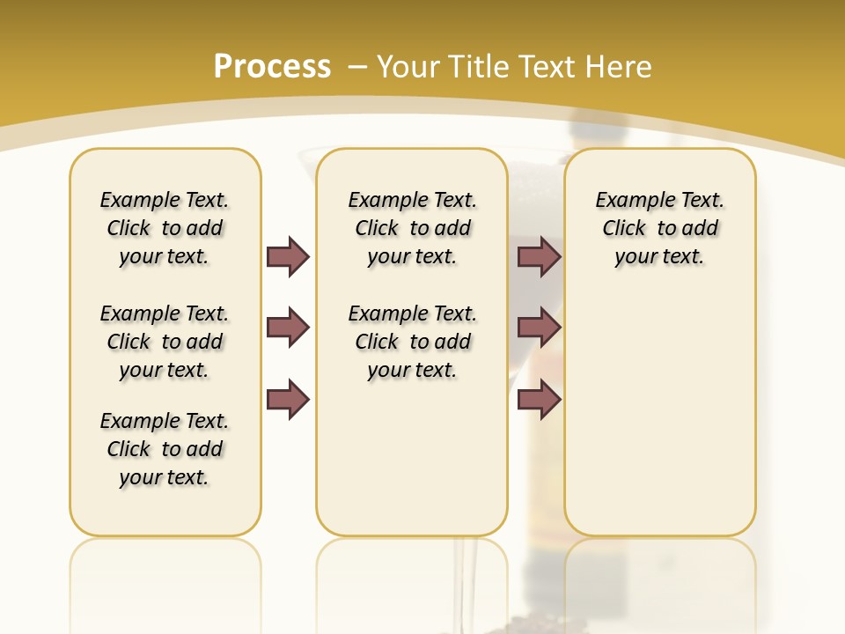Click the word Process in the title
pos(272,67)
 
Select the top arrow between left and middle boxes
pos(288,256)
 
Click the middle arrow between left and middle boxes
pos(288,328)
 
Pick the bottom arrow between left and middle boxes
pos(288,400)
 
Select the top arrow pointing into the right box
pos(540,256)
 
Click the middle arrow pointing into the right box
pos(540,328)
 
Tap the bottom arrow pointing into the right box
pos(540,400)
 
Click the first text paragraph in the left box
pos(165,228)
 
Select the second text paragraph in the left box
pos(165,342)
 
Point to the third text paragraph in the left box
pos(165,449)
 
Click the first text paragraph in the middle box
pos(412,228)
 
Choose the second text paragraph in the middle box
pos(412,342)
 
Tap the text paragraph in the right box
pos(660,228)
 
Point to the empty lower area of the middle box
pos(412,458)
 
